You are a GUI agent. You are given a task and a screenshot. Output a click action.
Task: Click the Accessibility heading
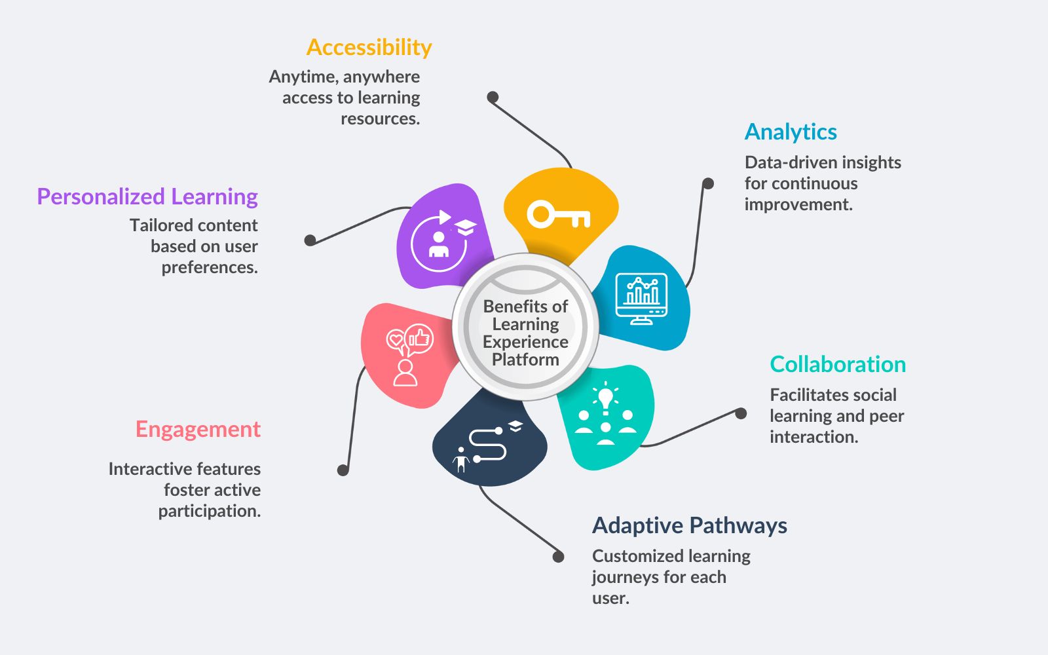click(x=369, y=48)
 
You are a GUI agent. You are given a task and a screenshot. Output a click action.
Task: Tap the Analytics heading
click(x=791, y=132)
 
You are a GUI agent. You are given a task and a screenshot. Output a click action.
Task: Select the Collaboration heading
click(x=838, y=364)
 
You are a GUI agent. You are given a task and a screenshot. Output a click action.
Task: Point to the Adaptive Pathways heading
click(x=689, y=525)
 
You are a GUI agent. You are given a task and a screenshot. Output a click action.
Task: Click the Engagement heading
click(x=198, y=429)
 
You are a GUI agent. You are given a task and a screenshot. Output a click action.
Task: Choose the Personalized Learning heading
click(x=147, y=196)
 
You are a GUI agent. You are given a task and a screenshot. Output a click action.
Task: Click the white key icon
click(x=558, y=215)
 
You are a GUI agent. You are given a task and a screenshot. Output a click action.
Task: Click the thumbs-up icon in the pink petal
click(x=419, y=339)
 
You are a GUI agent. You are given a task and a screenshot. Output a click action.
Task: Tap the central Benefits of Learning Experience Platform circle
click(x=525, y=327)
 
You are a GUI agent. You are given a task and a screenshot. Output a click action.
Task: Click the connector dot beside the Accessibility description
click(x=493, y=98)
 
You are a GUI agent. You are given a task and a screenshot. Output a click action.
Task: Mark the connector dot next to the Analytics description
click(x=708, y=183)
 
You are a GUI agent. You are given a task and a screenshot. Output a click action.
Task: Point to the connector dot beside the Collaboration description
click(x=741, y=413)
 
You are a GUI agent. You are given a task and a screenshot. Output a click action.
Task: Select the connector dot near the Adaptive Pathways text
click(x=558, y=557)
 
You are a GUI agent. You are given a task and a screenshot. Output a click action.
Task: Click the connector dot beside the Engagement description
click(x=343, y=470)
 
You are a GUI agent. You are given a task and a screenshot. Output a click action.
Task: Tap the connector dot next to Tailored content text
click(x=310, y=240)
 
